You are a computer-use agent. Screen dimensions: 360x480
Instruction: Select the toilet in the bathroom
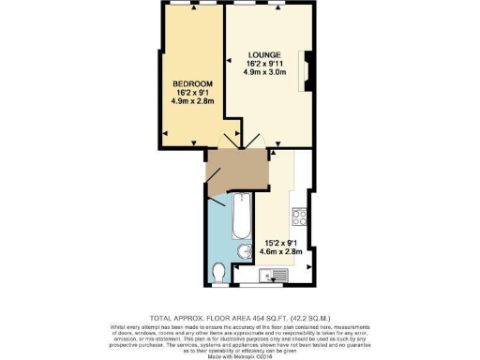[219, 273]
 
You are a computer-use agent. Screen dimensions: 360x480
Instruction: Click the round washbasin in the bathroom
[242, 251]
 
